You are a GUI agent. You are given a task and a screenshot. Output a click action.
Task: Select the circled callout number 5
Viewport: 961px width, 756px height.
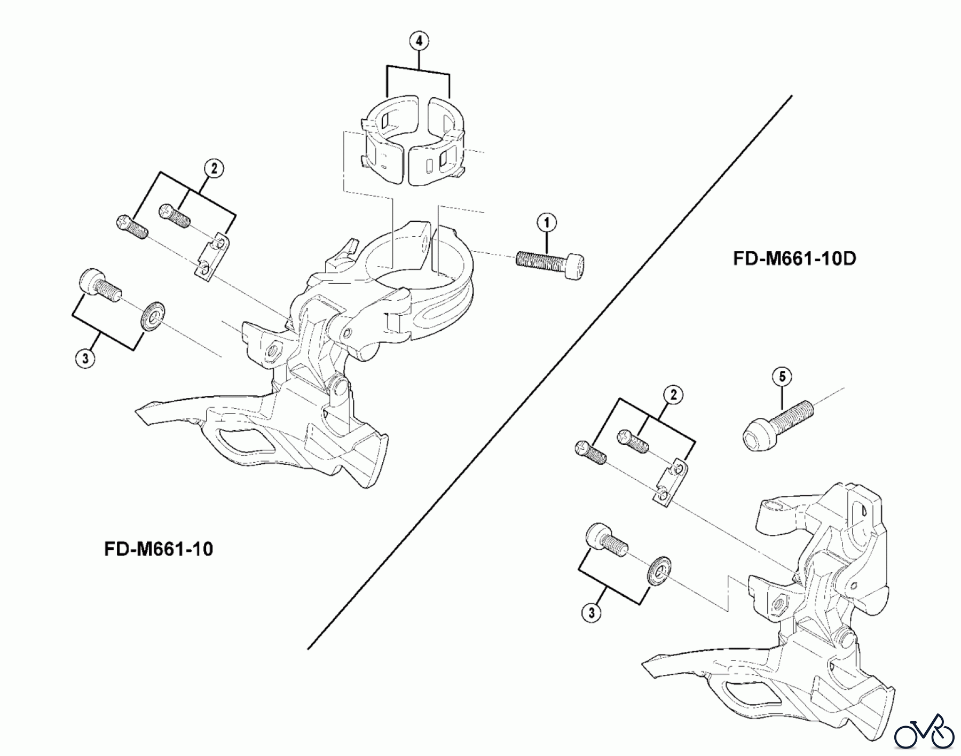click(782, 377)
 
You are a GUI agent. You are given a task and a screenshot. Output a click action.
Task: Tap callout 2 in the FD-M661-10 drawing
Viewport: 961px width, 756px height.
click(214, 169)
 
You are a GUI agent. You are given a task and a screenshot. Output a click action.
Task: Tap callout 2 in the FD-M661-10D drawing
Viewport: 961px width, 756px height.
click(673, 395)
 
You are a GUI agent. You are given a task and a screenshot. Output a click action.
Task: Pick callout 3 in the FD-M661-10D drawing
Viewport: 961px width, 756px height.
click(592, 613)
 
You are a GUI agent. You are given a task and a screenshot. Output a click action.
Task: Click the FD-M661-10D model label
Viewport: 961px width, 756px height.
click(794, 259)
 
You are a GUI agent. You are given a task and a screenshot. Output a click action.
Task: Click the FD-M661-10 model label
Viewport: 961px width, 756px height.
click(159, 549)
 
